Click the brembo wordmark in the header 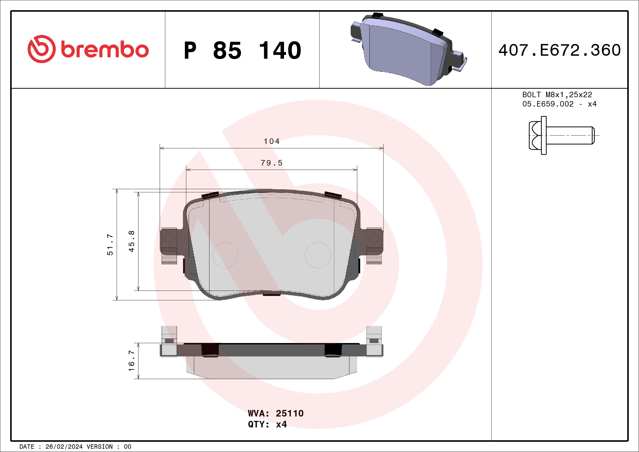point(105,50)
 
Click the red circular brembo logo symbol point(42,49)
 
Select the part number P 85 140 point(242,51)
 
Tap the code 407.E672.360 point(560,50)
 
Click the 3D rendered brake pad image point(409,49)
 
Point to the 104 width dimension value point(272,141)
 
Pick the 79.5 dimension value point(271,163)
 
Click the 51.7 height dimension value point(110,245)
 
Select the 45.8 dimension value point(131,241)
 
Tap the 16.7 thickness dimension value point(131,361)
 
